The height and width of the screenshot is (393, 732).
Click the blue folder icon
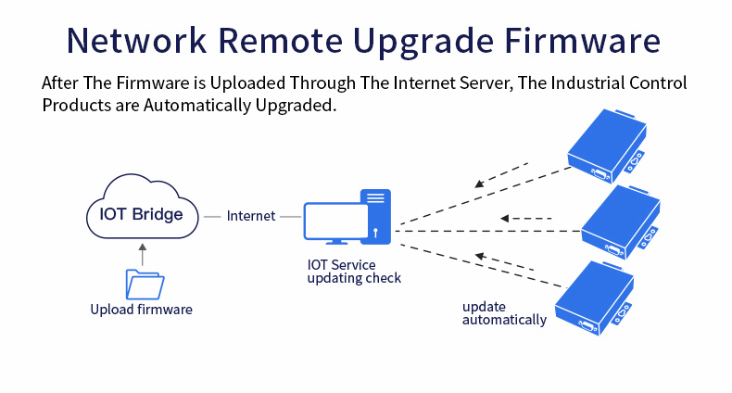coord(144,283)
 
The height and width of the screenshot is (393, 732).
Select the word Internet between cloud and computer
coord(252,216)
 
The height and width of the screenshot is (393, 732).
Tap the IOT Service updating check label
coord(354,271)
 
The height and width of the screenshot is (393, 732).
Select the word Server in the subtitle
coord(480,83)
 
